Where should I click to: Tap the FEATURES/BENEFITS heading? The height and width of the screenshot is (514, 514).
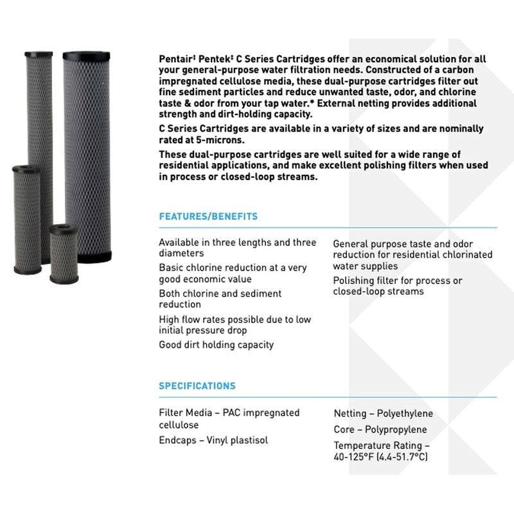pyautogui.click(x=208, y=217)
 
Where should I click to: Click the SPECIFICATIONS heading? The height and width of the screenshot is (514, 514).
pyautogui.click(x=197, y=386)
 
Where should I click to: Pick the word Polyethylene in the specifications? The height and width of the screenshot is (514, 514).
pyautogui.click(x=403, y=414)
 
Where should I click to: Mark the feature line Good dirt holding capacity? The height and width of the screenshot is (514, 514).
pyautogui.click(x=216, y=344)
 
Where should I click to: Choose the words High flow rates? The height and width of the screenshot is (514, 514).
pyautogui.click(x=190, y=319)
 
